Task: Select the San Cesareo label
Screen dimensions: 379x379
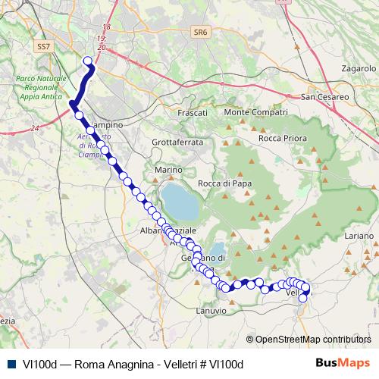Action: coord(324,97)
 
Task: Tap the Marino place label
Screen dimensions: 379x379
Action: coord(168,170)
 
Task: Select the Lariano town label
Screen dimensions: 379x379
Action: coord(359,236)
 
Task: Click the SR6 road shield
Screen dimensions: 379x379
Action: coord(200,33)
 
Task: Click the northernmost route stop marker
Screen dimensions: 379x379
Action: coord(88,61)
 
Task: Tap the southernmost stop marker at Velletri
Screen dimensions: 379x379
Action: coord(302,298)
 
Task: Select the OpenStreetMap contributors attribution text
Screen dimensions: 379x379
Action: coord(313,340)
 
